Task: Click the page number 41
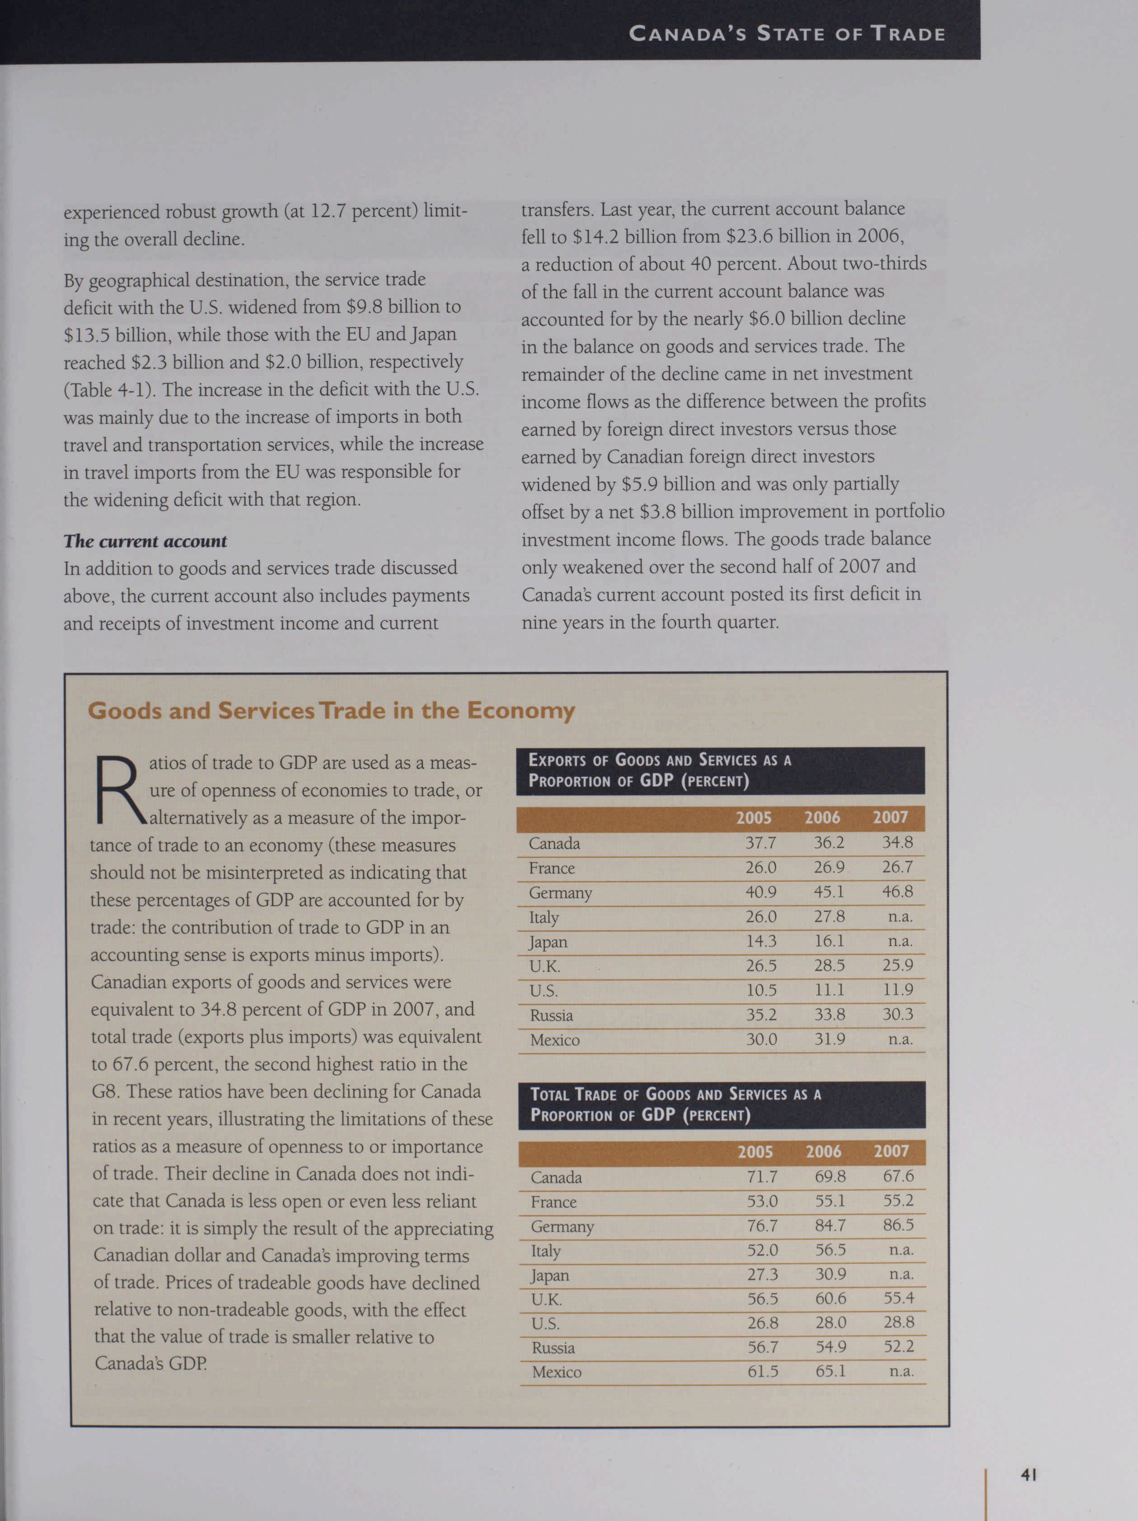1028,1474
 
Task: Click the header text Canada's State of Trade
787,34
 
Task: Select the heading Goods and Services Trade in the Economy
331,710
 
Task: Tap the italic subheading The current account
145,541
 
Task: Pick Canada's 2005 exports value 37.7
761,843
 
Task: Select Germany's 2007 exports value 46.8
898,892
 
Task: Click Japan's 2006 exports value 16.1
829,941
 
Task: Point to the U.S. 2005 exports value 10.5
761,990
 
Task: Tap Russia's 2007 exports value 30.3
898,1014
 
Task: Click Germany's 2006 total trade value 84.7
830,1225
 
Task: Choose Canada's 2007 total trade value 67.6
898,1176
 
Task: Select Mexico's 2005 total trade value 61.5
763,1371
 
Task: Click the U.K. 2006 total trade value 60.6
831,1298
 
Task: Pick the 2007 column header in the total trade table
891,1151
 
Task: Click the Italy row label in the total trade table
546,1251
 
